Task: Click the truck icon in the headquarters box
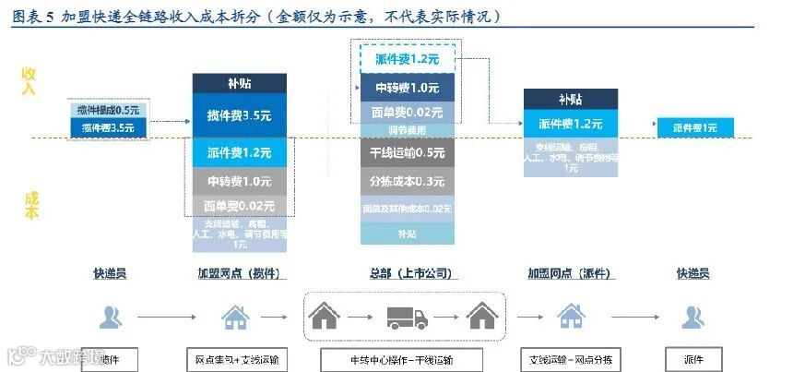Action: pyautogui.click(x=406, y=318)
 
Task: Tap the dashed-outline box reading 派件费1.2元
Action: pyautogui.click(x=407, y=59)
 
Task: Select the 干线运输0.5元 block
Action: pyautogui.click(x=407, y=153)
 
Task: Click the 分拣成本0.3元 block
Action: pyautogui.click(x=407, y=181)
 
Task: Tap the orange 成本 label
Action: pyautogui.click(x=30, y=205)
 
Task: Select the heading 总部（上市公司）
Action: pyautogui.click(x=407, y=274)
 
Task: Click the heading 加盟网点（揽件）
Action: pyautogui.click(x=239, y=274)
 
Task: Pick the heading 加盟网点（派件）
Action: pyautogui.click(x=569, y=274)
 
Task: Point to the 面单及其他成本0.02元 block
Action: pyautogui.click(x=407, y=209)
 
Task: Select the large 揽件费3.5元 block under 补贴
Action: pyautogui.click(x=240, y=115)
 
